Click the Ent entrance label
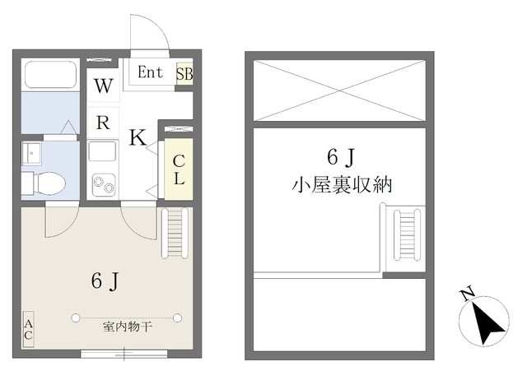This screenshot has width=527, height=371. click(x=150, y=72)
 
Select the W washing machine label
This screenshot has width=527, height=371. click(x=103, y=86)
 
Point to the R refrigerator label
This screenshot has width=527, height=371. click(x=103, y=123)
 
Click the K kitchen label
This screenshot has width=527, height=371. click(x=138, y=137)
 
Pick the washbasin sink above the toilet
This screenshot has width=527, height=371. click(x=34, y=153)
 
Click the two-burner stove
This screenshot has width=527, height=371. click(x=103, y=182)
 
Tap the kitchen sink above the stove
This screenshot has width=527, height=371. click(x=103, y=153)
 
